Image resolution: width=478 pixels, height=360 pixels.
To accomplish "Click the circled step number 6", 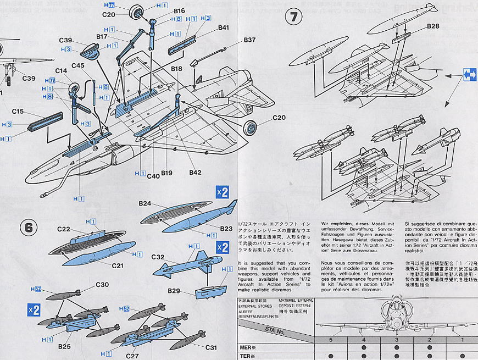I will click(30, 226).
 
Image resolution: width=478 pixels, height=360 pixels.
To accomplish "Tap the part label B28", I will click(432, 26).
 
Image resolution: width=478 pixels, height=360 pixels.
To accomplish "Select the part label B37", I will click(250, 40).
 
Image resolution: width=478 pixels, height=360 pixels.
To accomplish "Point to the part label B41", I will click(223, 27).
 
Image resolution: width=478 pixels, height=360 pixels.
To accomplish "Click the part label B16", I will click(179, 10).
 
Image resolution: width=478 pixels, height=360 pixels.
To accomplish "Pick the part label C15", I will click(18, 112).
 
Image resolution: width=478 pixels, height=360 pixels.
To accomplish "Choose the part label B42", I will click(195, 173).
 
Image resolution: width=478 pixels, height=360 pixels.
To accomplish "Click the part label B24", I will click(144, 203).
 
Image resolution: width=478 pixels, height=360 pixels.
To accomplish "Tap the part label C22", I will click(64, 229).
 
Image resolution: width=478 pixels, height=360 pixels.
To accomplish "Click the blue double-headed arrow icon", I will click(470, 74).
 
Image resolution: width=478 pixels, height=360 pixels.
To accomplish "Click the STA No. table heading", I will click(274, 332).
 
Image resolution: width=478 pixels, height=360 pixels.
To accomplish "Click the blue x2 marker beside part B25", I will click(34, 309).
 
